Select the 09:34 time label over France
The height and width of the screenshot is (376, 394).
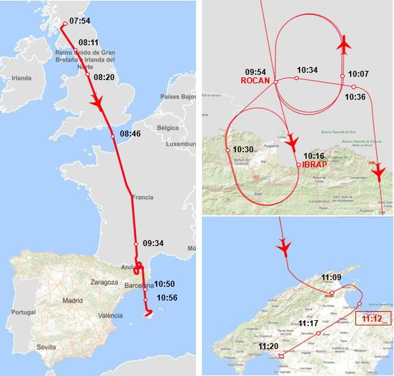click(153, 243)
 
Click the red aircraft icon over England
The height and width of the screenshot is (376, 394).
click(100, 105)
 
